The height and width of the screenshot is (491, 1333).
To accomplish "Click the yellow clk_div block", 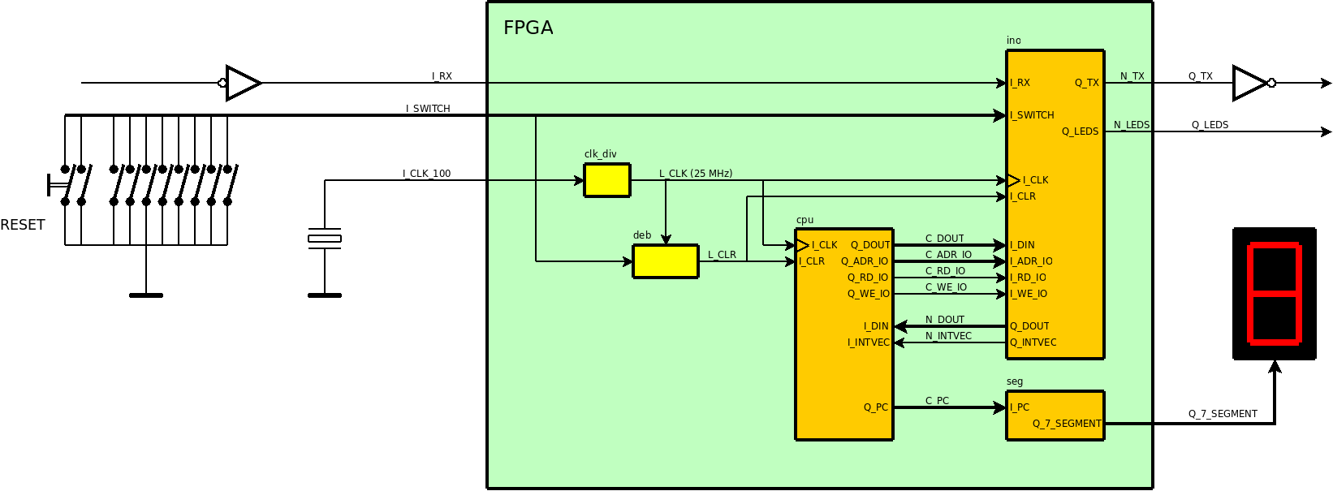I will [x=606, y=180].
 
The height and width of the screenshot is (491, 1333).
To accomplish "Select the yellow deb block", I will [x=665, y=261].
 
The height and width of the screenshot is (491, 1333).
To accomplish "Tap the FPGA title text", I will [x=528, y=28].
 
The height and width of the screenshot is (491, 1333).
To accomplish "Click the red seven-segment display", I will [x=1274, y=293].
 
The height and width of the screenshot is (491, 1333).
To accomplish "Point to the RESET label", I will [x=23, y=225].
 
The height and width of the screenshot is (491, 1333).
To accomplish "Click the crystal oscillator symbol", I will [x=325, y=238].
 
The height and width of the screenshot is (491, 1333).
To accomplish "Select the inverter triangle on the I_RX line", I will [x=242, y=83].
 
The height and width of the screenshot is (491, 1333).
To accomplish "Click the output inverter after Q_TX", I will [x=1250, y=83].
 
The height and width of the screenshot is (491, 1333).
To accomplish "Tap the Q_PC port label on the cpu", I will [x=875, y=407].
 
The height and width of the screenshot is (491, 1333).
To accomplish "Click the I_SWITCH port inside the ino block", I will [x=1032, y=115].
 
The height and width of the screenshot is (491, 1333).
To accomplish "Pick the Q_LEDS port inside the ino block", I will [x=1080, y=131].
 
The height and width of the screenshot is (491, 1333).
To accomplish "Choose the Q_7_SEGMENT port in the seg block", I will [x=1067, y=424].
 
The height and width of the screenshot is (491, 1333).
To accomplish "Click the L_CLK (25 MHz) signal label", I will [x=695, y=174].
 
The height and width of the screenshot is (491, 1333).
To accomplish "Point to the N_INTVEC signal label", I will [x=948, y=336].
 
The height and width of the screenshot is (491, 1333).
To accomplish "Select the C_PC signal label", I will [x=937, y=401].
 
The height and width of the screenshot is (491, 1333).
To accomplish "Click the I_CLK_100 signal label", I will [x=426, y=174].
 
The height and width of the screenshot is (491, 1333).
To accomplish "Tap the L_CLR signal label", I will [x=722, y=255].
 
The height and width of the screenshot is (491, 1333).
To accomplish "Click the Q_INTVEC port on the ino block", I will [x=1033, y=342].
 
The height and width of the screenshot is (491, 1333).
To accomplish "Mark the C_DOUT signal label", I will [x=944, y=239].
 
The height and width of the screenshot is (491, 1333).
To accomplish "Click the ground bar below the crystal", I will [x=325, y=295].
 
